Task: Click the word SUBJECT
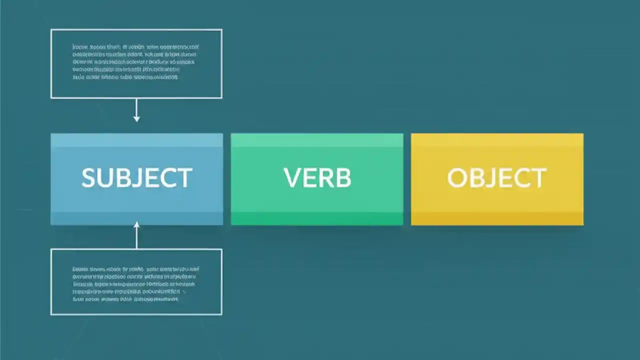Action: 136,178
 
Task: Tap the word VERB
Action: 317,178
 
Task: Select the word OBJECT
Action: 496,178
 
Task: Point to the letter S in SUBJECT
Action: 88,178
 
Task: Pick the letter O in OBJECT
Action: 456,178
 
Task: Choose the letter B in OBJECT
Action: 475,178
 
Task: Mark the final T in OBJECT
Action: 538,178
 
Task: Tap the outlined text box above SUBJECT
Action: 136,63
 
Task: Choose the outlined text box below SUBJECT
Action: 136,281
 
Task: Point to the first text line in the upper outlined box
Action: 135,47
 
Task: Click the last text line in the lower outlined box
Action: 125,299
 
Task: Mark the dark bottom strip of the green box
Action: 317,218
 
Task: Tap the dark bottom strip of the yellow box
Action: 497,218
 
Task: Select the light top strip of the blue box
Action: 136,140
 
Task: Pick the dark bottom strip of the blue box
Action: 136,218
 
